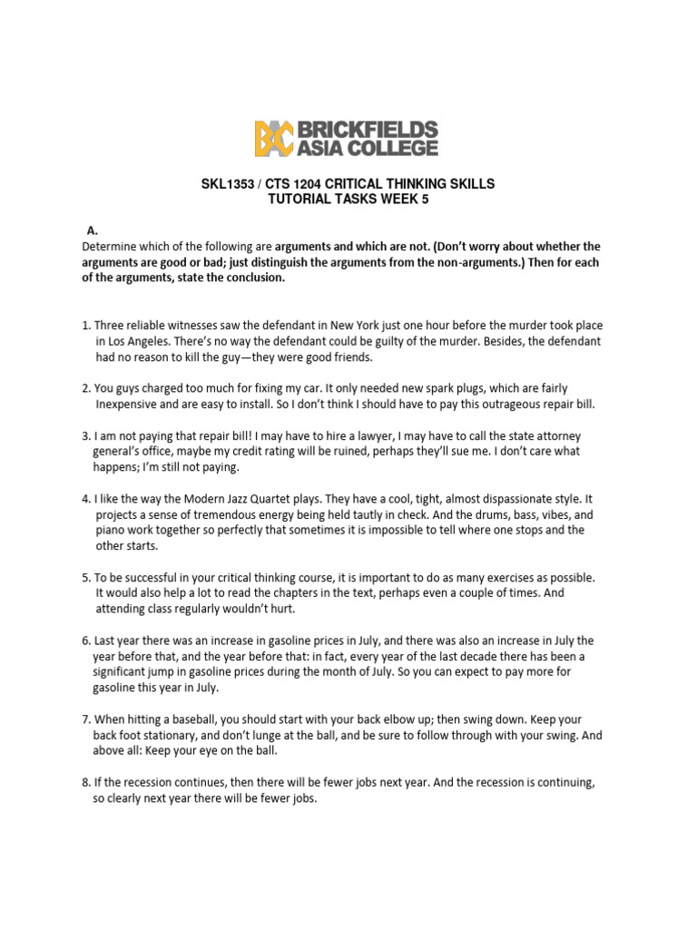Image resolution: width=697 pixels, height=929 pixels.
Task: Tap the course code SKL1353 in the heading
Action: click(230, 184)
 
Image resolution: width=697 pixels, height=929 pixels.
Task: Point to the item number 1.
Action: click(85, 325)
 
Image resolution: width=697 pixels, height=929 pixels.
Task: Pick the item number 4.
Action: click(85, 499)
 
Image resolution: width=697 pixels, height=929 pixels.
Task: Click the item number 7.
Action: click(85, 719)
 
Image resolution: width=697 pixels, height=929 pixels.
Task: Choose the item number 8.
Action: click(85, 782)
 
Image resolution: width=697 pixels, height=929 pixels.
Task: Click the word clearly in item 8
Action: click(126, 798)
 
